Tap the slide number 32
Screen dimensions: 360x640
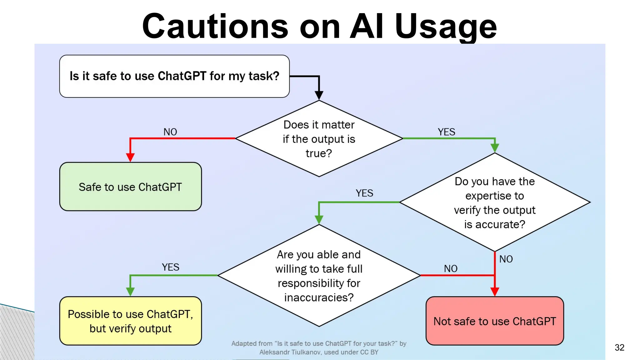619,347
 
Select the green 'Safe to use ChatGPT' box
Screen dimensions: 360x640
130,187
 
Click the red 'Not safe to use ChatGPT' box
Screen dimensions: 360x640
495,321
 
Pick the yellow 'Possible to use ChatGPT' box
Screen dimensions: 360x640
130,321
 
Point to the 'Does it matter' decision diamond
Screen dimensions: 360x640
319,139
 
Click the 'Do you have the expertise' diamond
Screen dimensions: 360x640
495,202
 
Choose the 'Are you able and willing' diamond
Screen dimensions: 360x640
319,276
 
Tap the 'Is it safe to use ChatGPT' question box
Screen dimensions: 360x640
174,76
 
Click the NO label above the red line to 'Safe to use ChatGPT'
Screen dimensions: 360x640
170,132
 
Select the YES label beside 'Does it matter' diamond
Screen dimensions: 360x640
446,132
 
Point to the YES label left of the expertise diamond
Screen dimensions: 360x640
364,193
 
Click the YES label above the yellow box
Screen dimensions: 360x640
170,267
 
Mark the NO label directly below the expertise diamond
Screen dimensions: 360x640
506,259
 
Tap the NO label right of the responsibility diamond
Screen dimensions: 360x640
451,268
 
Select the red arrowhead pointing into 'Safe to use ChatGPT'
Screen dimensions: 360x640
130,157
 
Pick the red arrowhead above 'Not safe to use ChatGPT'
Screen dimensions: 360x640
495,292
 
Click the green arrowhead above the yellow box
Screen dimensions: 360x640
130,292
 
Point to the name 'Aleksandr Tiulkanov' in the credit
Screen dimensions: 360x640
290,352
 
